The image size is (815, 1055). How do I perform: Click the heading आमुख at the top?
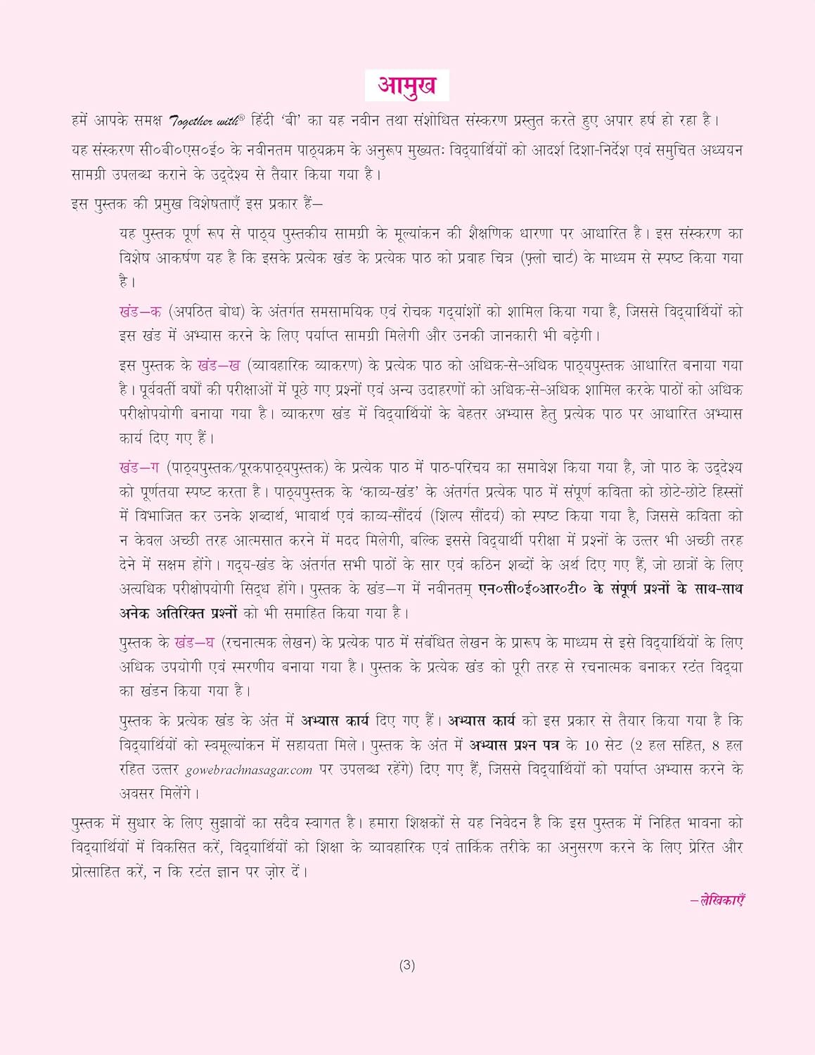[406, 86]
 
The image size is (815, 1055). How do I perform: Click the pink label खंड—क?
[141, 312]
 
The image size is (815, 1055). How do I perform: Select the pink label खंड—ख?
[219, 366]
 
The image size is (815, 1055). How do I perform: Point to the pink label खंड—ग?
[140, 468]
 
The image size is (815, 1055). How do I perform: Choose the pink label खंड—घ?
[195, 643]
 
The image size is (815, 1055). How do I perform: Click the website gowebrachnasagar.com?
[249, 770]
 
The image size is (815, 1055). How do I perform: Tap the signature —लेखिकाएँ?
[717, 900]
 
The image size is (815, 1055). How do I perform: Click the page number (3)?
[407, 966]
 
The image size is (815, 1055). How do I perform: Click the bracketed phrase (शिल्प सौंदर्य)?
[466, 516]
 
